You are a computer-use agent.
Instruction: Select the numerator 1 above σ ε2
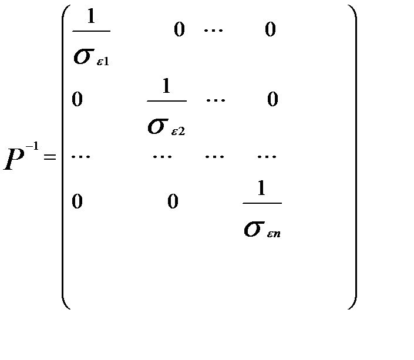[166, 87]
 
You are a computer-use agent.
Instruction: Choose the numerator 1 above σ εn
[262, 190]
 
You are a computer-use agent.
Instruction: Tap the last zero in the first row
[270, 30]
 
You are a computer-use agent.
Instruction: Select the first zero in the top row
[179, 30]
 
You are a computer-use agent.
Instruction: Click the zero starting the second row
[77, 100]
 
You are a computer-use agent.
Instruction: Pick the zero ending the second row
[272, 100]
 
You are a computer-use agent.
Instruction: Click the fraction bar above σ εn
[262, 204]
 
